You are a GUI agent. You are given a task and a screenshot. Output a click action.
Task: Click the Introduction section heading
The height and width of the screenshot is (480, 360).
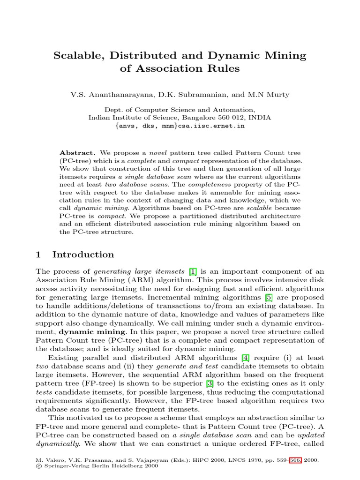pos(83,255)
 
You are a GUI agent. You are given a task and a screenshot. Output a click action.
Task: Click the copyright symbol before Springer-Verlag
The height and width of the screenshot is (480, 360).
pos(38,467)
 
